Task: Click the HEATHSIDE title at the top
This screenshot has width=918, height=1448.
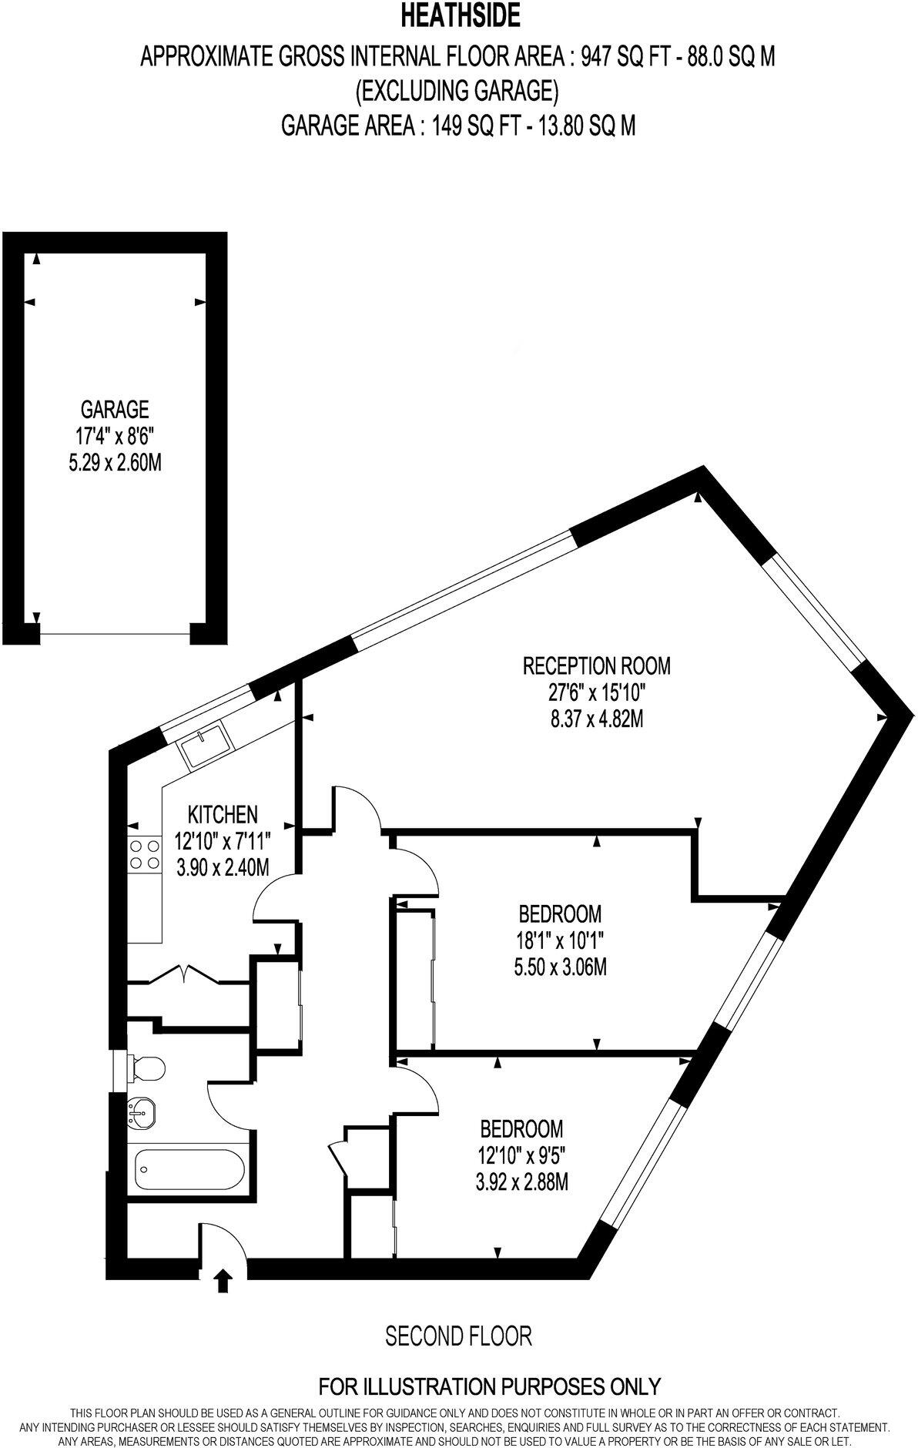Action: [459, 16]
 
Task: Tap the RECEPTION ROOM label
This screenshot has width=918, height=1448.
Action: [597, 665]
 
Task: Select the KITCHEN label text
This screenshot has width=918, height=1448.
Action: [223, 813]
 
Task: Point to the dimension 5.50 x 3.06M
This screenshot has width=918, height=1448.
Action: [560, 967]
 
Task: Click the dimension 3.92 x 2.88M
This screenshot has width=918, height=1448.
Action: [521, 1182]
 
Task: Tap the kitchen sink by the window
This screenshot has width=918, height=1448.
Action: [205, 745]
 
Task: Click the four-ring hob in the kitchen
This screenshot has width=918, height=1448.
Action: [144, 854]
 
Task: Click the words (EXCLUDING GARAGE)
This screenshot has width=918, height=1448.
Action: [456, 91]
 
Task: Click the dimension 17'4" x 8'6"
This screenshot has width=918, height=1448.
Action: [115, 436]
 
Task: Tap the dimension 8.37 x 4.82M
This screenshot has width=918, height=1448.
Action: [597, 719]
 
